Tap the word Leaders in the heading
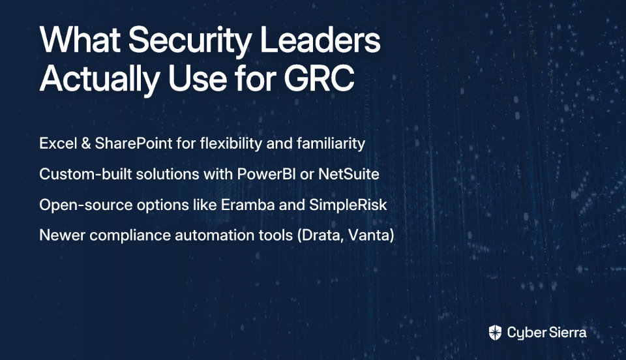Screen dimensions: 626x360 [x=320, y=39]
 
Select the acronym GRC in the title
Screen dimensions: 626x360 [x=319, y=78]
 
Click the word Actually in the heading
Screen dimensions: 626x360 [x=100, y=80]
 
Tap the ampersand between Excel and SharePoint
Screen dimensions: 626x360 [x=86, y=143]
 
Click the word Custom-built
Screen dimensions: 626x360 [x=85, y=174]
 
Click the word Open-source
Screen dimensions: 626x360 [x=86, y=205]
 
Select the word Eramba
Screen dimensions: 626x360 [x=248, y=205]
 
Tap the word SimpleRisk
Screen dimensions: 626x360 [x=348, y=205]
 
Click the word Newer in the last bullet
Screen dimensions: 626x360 [x=63, y=235]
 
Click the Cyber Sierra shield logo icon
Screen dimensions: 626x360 [x=495, y=333]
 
